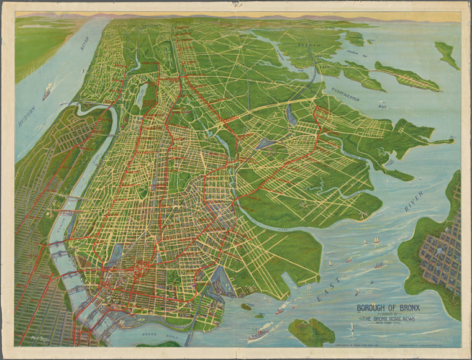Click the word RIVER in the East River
coord(413,201)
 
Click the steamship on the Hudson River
coord(47,93)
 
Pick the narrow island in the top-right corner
coord(447,55)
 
